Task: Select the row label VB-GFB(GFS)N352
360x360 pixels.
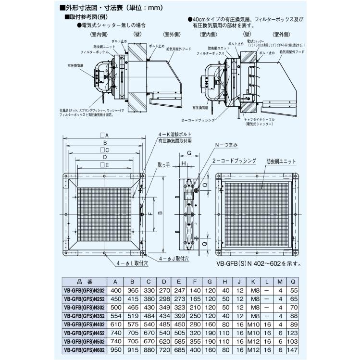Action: (x=84, y=316)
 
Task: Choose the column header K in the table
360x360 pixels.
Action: (x=253, y=282)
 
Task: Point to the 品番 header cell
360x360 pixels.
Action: (x=84, y=282)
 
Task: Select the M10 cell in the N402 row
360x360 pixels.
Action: (x=253, y=324)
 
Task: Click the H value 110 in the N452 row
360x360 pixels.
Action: (x=225, y=333)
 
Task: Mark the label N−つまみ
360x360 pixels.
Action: (x=226, y=144)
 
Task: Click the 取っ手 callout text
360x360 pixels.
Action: (x=164, y=165)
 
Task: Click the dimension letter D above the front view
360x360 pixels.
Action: (x=104, y=157)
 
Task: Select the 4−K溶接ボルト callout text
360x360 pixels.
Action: (x=175, y=135)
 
